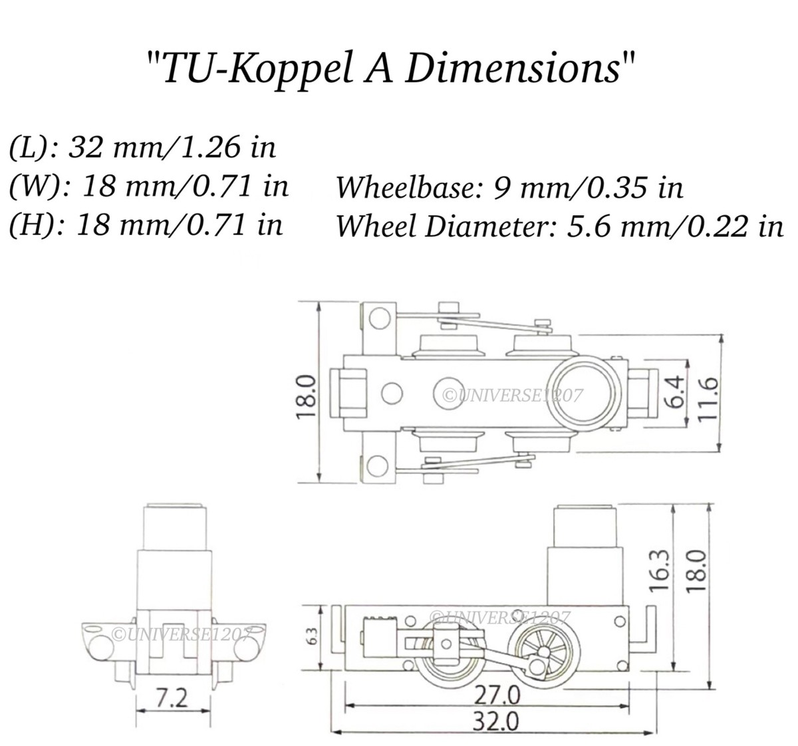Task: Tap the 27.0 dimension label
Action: click(497, 695)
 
